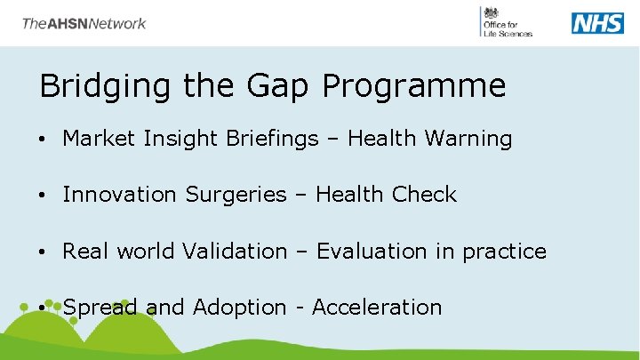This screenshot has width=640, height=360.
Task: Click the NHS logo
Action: click(x=597, y=23)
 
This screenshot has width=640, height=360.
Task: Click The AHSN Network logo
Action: click(x=84, y=23)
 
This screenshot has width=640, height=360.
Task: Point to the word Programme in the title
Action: click(x=414, y=86)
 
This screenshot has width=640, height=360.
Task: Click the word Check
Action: click(x=421, y=195)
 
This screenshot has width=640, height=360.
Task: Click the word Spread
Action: click(x=100, y=308)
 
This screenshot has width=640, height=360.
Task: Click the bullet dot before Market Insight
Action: click(x=44, y=140)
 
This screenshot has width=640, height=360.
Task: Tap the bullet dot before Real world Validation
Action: click(x=44, y=252)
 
